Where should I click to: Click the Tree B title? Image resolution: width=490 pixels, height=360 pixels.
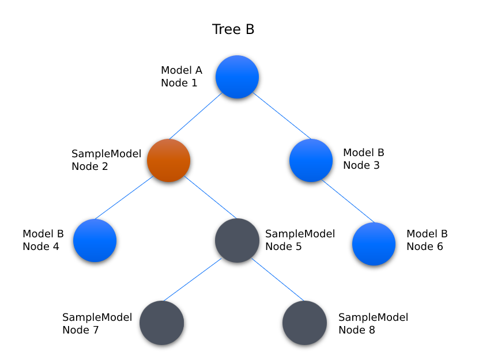click(233, 29)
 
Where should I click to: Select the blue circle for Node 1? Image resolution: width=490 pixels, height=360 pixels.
click(237, 77)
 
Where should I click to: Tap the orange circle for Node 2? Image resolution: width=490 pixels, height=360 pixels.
click(168, 160)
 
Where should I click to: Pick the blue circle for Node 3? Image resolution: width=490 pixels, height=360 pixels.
click(311, 160)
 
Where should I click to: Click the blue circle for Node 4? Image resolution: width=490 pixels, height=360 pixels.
click(95, 240)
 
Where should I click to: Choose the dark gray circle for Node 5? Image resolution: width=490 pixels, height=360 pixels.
click(237, 240)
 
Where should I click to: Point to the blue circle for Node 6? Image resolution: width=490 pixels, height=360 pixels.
click(374, 244)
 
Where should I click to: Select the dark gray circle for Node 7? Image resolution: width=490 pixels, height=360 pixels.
click(161, 323)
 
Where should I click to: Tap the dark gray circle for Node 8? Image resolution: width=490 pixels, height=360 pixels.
click(305, 323)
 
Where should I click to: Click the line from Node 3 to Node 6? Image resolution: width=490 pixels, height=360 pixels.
click(348, 202)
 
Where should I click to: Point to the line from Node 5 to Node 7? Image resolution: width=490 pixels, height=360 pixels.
click(193, 280)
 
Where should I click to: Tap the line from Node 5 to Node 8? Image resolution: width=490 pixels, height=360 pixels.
click(277, 280)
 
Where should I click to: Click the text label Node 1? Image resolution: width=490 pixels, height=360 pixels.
click(179, 83)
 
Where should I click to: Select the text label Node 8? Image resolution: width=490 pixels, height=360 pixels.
click(357, 330)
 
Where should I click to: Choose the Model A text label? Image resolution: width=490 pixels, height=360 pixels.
click(182, 70)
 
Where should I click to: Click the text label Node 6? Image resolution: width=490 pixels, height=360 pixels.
click(425, 247)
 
